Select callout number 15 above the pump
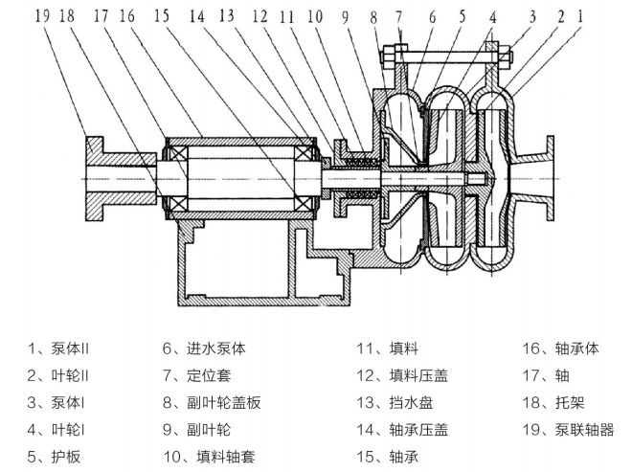[x=160, y=15]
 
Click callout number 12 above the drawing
[x=260, y=15]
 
